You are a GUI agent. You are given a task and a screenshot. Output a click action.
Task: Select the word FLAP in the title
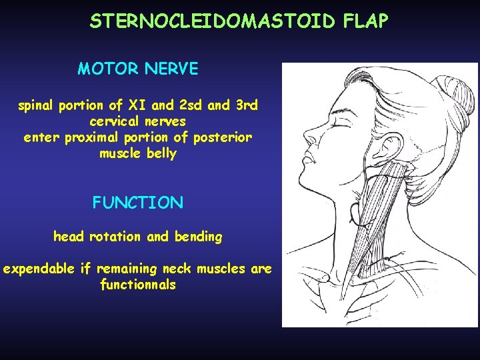click(365, 21)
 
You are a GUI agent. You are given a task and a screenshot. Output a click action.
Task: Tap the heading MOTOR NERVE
click(137, 69)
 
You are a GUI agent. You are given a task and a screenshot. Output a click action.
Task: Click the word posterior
click(223, 138)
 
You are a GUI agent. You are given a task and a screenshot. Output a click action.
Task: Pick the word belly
click(163, 154)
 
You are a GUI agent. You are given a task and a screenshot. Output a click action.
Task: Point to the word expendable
click(38, 269)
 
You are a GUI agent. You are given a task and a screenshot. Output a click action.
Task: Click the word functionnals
click(137, 285)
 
